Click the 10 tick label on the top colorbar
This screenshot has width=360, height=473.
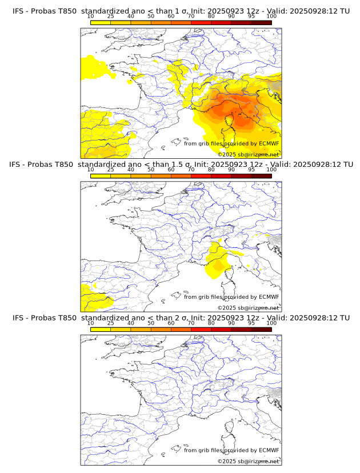pos(91,16)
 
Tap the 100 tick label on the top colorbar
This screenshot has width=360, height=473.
pos(271,16)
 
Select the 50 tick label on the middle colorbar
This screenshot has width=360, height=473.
pos(151,170)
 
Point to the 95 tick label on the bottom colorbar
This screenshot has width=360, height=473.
pos(251,323)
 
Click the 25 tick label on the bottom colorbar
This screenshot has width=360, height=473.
pos(111,323)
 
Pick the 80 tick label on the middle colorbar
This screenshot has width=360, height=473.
pos(211,170)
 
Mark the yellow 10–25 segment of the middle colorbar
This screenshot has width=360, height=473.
pos(101,175)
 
